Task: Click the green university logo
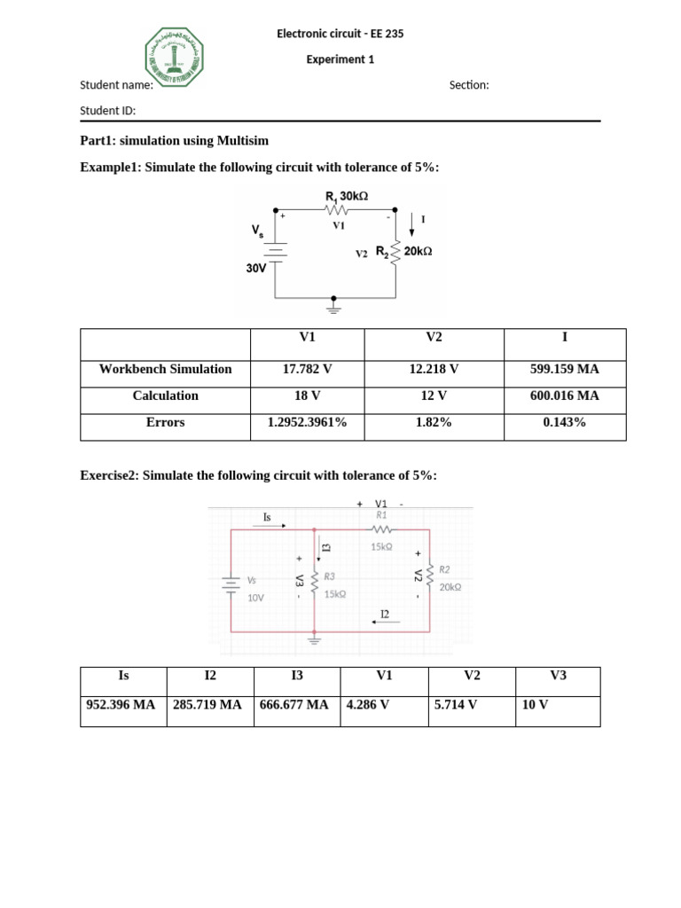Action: pos(174,56)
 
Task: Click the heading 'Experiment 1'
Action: pos(340,59)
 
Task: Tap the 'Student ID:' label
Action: pos(107,111)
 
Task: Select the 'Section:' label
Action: pos(469,85)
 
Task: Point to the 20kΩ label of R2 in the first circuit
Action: pos(418,252)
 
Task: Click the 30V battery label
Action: pos(256,268)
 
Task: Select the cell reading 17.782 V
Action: pos(307,369)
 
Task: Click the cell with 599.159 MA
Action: pos(564,369)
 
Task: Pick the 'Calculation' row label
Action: pos(165,395)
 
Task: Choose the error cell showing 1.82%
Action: pos(434,423)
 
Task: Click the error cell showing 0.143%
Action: pos(564,423)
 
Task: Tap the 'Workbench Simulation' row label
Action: pos(165,369)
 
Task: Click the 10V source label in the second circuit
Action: pos(255,599)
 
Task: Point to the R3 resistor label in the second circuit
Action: pos(329,576)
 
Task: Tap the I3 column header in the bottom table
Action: pos(297,676)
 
